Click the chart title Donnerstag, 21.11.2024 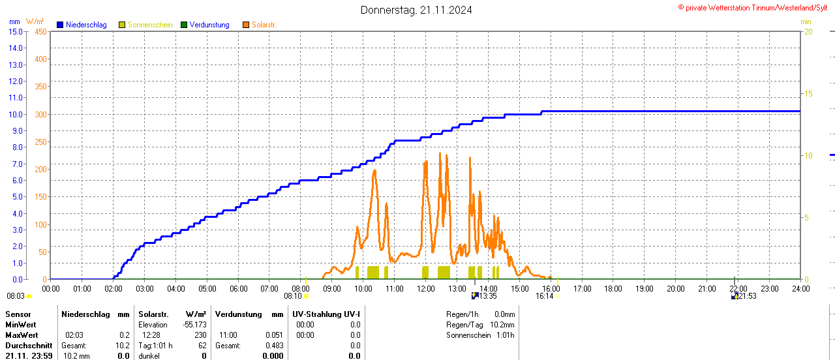[417, 10]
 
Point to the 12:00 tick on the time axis [426, 288]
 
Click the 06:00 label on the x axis [239, 288]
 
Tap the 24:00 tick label [800, 288]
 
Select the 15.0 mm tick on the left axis [15, 31]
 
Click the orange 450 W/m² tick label [40, 31]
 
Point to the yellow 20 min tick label [808, 31]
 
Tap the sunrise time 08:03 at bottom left [15, 296]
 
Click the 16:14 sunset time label [545, 296]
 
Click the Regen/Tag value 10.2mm [502, 325]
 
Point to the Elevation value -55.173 [194, 325]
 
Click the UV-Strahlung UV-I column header [326, 314]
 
